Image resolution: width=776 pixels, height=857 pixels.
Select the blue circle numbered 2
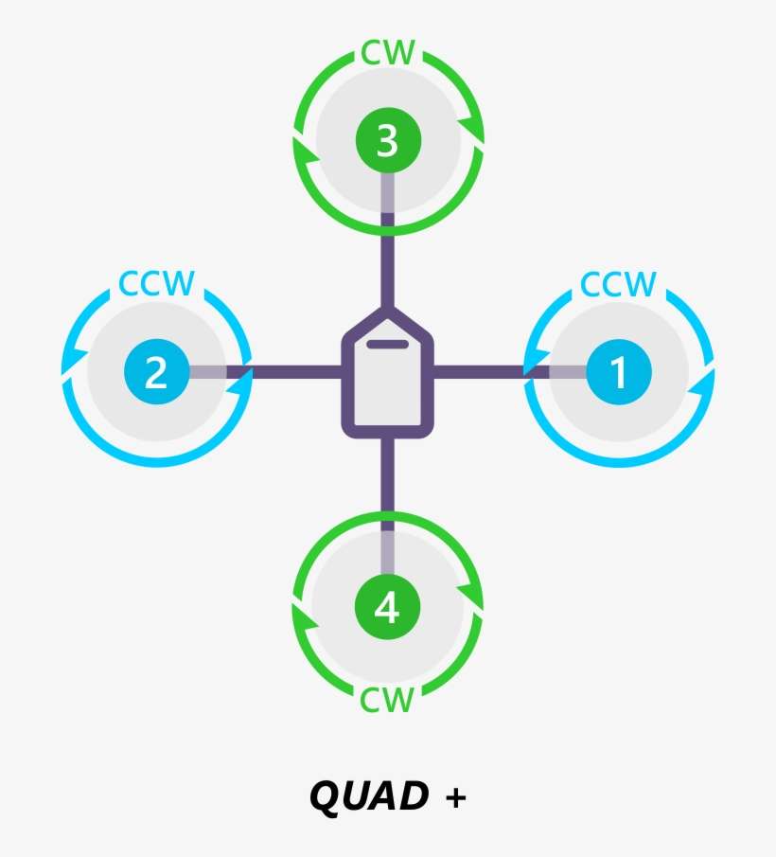point(156,372)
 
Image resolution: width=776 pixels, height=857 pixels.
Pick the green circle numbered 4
point(387,608)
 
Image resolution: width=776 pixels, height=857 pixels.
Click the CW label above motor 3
point(387,53)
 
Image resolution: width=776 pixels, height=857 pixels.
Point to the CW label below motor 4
point(387,701)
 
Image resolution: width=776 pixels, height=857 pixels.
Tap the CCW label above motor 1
point(618,283)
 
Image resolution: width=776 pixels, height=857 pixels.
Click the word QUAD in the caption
point(368,797)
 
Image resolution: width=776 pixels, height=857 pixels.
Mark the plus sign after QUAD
point(455,798)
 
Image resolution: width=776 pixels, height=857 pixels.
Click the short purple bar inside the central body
point(387,343)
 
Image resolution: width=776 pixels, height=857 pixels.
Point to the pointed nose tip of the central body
point(387,310)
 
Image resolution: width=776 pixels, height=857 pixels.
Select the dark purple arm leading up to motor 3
point(387,260)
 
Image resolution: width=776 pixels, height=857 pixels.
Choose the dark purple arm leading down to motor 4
point(387,478)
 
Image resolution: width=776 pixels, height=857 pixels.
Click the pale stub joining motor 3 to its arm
point(387,194)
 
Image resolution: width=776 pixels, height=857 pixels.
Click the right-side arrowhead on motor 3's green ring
point(469,128)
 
